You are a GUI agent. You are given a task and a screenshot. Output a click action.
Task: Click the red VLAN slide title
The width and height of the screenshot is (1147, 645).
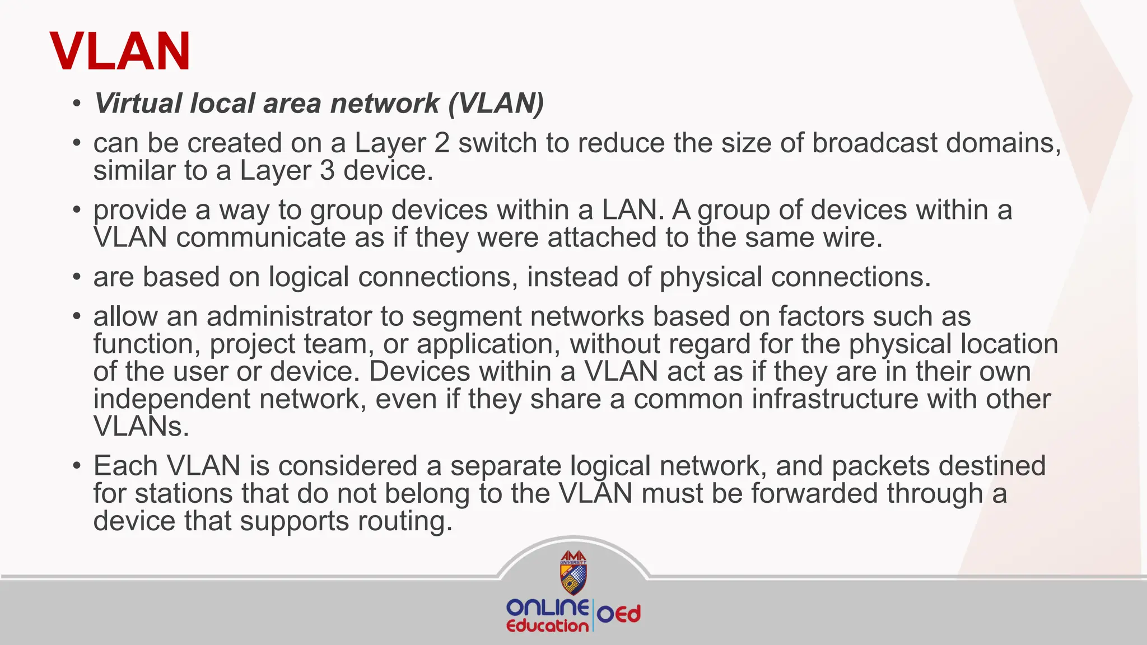tap(120, 52)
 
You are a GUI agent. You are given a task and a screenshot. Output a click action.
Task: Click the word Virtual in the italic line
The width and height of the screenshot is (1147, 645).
tap(138, 103)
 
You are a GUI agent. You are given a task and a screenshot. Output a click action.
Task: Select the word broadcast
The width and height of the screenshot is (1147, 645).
tap(874, 143)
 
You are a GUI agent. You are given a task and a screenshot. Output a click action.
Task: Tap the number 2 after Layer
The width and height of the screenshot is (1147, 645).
tap(442, 143)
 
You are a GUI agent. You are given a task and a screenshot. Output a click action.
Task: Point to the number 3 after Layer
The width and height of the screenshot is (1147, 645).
tap(327, 171)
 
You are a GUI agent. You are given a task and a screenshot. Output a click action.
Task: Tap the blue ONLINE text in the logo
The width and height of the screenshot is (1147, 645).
tap(547, 608)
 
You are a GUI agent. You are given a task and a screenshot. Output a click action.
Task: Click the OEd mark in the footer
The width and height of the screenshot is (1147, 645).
tap(618, 614)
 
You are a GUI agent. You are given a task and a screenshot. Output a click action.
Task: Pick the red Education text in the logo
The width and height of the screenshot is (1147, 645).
tap(547, 626)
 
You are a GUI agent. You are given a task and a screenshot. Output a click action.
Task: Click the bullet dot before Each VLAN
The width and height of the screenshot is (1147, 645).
tap(77, 466)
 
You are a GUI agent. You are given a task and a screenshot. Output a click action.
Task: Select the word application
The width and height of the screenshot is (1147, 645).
tap(488, 344)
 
